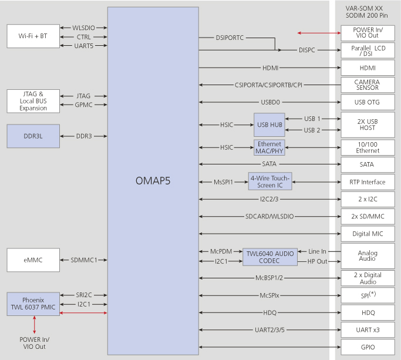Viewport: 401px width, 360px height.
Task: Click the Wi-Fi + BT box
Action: coord(33,36)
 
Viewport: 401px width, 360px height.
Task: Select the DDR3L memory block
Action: coord(33,136)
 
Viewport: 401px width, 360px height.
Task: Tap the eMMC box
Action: coord(33,260)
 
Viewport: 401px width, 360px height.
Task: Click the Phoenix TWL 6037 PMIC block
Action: coord(33,304)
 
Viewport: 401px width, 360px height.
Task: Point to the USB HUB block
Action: coord(269,125)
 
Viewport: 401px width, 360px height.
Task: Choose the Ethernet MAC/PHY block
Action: coord(269,147)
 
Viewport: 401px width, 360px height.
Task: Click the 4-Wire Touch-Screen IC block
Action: coord(270,181)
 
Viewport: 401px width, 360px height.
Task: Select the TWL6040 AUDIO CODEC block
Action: coord(270,257)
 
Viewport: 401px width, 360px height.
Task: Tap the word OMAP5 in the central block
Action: coord(153,181)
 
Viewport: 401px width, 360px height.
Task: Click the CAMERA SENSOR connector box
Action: coord(368,85)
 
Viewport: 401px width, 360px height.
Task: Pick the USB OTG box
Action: coord(368,102)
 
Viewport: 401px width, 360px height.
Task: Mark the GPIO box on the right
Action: coord(368,347)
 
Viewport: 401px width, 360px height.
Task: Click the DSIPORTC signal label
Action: coord(230,38)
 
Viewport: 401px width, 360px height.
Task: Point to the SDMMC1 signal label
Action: coord(84,260)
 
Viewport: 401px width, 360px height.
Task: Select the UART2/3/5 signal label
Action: coord(269,330)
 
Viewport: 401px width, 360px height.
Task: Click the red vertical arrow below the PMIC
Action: coord(34,325)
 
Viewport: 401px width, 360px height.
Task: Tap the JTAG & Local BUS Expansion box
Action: coord(33,101)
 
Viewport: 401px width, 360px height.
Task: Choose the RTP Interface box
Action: coord(368,182)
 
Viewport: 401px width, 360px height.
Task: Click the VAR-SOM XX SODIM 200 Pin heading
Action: coord(366,12)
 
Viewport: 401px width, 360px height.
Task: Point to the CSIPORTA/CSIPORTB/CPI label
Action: coord(268,85)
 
